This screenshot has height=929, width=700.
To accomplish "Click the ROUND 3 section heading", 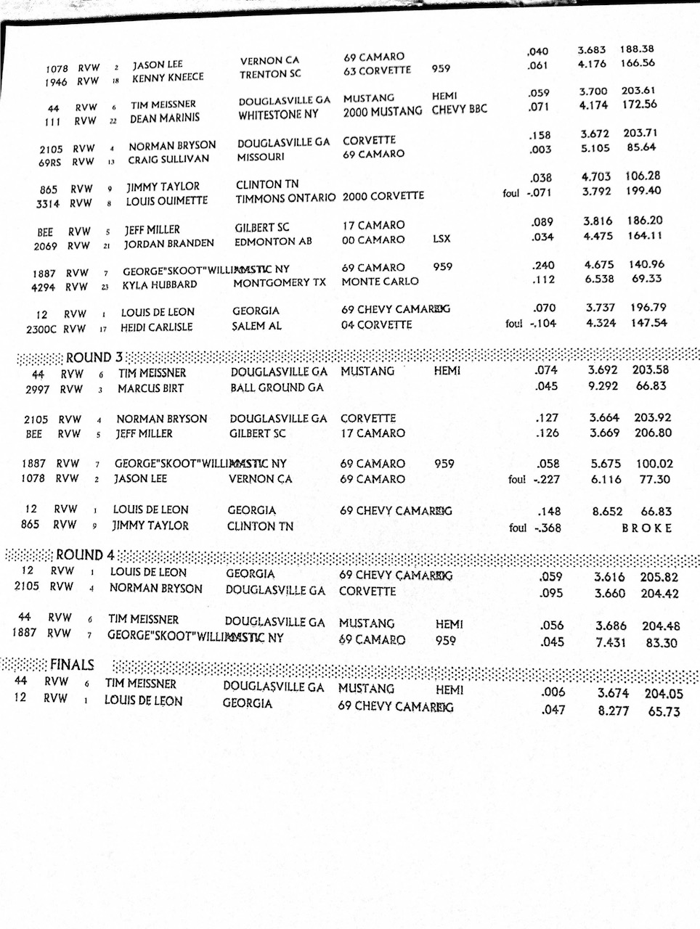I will click(89, 357).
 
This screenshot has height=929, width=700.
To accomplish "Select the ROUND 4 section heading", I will click(85, 555).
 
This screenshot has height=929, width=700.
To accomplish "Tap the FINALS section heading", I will click(72, 664).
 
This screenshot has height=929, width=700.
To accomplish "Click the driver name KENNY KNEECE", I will click(168, 78).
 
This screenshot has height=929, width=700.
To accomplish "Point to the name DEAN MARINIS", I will click(164, 118).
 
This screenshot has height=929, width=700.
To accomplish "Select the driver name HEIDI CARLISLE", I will click(157, 327).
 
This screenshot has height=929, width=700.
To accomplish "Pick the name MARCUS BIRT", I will click(151, 388).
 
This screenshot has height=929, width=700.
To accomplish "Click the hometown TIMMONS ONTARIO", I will click(285, 197).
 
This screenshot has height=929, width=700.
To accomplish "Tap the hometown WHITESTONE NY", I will click(278, 115).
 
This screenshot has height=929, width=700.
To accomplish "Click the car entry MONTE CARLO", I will click(380, 282).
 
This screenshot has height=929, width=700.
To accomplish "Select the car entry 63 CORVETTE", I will click(377, 71).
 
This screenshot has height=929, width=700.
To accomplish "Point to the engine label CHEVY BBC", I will click(459, 110).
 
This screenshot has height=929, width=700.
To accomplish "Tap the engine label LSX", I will click(441, 238).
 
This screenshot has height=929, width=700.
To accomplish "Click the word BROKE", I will click(646, 528).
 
